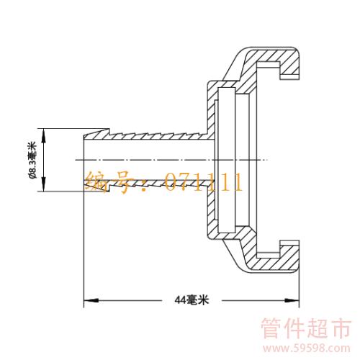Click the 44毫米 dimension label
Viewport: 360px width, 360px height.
(x=192, y=300)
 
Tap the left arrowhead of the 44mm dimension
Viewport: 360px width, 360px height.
(x=91, y=300)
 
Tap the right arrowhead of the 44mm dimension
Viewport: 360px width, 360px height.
(x=292, y=300)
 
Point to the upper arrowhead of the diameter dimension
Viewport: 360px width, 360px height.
(x=44, y=136)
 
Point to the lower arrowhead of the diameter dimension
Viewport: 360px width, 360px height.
(x=44, y=184)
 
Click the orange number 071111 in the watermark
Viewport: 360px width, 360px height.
(x=204, y=182)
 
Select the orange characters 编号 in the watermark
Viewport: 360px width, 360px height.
(x=111, y=182)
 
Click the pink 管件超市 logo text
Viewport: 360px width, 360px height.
(x=306, y=328)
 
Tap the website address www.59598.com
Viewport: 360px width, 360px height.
(x=306, y=348)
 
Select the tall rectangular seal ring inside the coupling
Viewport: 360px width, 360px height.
(x=227, y=160)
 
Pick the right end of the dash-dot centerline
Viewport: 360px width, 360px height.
(x=267, y=160)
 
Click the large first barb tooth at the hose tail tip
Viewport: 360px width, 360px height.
(x=96, y=135)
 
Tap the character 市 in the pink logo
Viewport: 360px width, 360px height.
(x=340, y=328)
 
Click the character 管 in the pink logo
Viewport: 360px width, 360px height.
(x=271, y=328)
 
